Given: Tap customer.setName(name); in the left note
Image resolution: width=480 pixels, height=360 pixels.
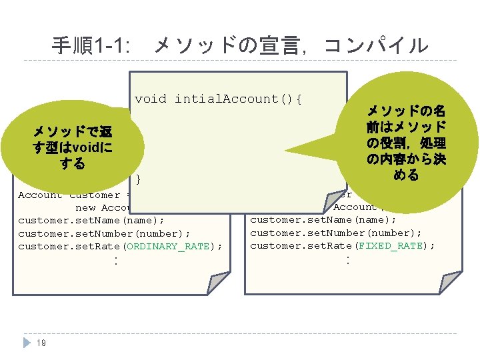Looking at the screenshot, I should click(91, 220).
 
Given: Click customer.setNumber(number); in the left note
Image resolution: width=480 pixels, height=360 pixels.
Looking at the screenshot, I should click(104, 233).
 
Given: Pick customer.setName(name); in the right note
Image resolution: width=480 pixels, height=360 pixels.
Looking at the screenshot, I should click(323, 219).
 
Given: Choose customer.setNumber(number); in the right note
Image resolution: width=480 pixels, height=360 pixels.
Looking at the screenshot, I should click(336, 233).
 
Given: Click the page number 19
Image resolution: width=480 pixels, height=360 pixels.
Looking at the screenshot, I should click(41, 343).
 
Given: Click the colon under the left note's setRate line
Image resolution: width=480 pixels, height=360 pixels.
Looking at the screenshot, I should click(116, 261).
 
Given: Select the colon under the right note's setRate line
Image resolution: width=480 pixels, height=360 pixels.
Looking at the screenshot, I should click(347, 260).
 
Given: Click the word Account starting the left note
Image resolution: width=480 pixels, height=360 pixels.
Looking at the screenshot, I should click(40, 195).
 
